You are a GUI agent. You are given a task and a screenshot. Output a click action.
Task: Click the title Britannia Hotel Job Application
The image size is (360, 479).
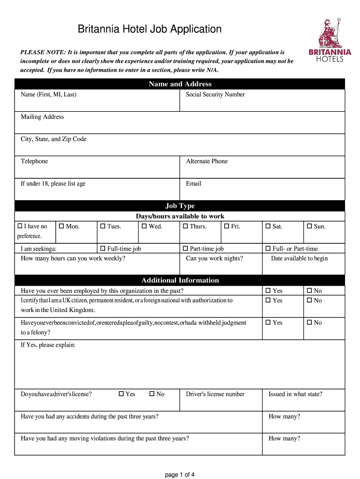click(150, 29)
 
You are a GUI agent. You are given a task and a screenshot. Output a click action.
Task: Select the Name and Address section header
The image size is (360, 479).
click(180, 84)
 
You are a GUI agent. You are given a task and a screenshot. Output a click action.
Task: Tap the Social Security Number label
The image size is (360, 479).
click(215, 94)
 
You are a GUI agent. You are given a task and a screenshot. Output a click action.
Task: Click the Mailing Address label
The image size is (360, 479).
click(42, 117)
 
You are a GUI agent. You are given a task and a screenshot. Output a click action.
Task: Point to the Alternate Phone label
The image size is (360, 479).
click(207, 161)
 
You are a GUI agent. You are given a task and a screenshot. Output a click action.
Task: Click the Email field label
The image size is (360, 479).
click(194, 184)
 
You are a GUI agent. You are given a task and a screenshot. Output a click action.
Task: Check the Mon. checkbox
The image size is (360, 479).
click(61, 226)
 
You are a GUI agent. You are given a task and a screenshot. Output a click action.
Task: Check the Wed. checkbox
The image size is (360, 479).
click(144, 226)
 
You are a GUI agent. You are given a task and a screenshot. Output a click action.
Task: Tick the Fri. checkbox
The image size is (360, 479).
click(226, 226)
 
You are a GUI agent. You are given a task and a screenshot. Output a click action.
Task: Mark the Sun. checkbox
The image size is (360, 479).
click(309, 226)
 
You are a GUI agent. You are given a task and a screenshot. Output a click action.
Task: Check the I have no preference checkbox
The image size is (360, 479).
click(20, 226)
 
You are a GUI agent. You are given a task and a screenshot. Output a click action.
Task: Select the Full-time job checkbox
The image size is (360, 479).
click(102, 249)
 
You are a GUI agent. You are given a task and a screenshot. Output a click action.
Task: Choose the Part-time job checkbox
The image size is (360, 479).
click(185, 249)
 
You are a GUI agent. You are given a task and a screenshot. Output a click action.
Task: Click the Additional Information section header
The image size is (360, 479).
click(180, 281)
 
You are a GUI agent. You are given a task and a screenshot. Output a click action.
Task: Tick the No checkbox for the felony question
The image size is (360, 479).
click(309, 323)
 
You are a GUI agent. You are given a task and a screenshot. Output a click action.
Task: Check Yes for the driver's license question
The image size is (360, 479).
click(121, 394)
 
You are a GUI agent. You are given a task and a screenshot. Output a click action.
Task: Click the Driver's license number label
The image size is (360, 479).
click(215, 394)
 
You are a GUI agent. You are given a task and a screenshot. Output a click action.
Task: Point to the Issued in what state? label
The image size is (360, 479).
click(295, 394)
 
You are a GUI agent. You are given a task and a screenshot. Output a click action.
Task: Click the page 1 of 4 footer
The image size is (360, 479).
click(180, 475)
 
